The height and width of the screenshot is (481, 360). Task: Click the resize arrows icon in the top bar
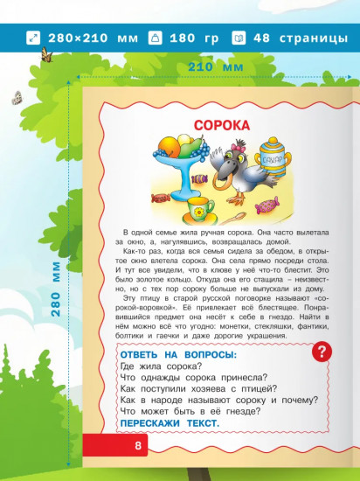click(34, 38)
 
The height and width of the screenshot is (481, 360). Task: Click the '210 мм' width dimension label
click(212, 66)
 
